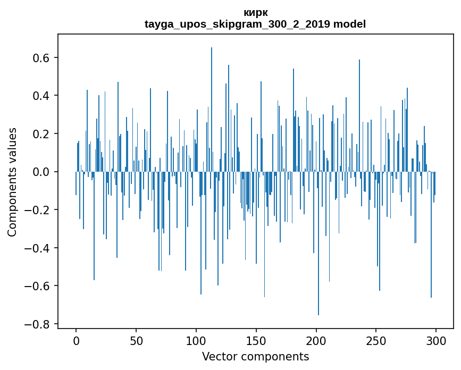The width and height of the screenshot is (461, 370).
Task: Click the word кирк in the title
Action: [x=255, y=13]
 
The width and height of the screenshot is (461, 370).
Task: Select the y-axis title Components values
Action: [x=12, y=182]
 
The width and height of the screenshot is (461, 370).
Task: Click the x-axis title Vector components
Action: [x=255, y=357]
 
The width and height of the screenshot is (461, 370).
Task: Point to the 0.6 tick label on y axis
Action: [x=40, y=57]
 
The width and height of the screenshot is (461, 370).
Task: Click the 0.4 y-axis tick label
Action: [x=40, y=96]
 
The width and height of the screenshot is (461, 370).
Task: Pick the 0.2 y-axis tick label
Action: [x=40, y=134]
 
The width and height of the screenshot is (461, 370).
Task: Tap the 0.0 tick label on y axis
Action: [x=40, y=172]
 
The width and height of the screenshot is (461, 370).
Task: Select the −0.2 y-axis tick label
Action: [x=37, y=210]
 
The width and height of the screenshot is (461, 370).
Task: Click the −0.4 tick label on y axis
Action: [x=37, y=248]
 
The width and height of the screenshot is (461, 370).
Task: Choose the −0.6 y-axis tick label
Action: [x=37, y=286]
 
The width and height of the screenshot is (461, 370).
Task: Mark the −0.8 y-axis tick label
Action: [x=37, y=324]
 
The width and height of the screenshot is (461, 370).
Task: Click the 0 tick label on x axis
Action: [x=76, y=340]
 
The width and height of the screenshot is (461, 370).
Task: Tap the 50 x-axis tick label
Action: [x=136, y=340]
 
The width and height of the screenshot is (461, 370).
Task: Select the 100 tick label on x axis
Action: [x=196, y=340]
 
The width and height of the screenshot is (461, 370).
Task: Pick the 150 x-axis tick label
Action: [x=256, y=340]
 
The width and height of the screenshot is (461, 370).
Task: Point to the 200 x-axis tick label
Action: [x=316, y=340]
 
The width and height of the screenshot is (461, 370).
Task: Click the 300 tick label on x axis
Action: [x=436, y=340]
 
